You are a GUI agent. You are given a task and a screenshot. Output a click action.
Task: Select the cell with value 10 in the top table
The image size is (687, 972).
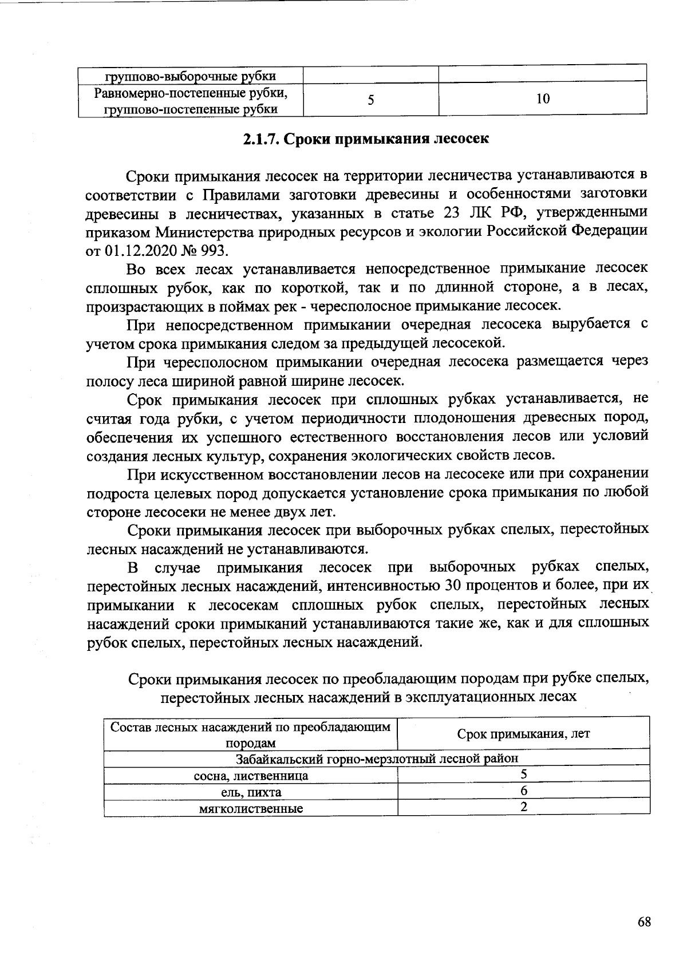(543, 100)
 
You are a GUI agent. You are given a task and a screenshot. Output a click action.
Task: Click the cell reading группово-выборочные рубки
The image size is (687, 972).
(190, 76)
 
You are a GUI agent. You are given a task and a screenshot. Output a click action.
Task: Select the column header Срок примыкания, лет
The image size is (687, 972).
(523, 734)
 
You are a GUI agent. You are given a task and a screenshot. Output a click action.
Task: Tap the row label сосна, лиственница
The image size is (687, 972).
(251, 776)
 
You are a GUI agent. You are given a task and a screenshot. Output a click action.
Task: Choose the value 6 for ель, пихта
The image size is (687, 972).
(523, 792)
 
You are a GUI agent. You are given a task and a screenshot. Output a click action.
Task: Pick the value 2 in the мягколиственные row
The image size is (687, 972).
(523, 807)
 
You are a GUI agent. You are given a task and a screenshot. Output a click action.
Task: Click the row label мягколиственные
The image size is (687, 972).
(251, 809)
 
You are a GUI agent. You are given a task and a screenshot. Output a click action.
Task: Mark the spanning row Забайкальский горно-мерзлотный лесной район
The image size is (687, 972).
(377, 758)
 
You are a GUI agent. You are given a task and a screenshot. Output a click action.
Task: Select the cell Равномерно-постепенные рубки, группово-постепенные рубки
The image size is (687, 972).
(190, 100)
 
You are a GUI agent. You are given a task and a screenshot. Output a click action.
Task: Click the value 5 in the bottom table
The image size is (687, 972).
(523, 775)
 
